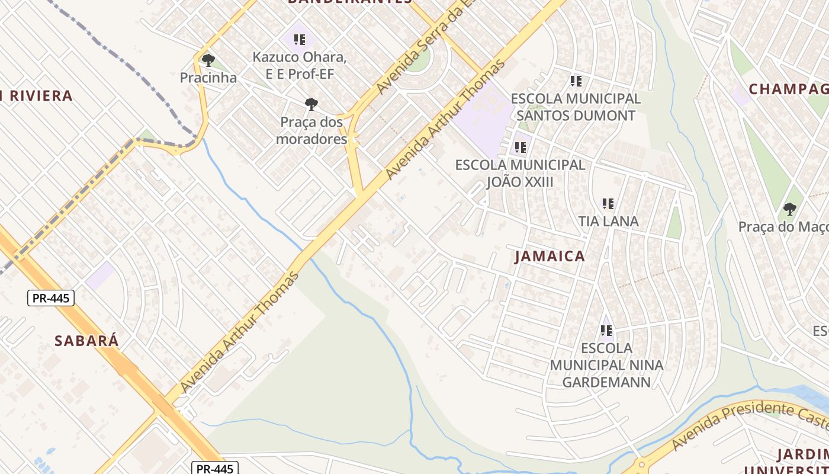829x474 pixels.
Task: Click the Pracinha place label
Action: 208,78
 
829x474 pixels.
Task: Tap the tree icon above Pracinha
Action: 208,60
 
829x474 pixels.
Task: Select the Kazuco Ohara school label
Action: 300,65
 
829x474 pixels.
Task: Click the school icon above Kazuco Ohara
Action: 300,40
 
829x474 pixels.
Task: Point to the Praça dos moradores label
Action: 311,130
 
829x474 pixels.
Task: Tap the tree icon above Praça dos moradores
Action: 311,104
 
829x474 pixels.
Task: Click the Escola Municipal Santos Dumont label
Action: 576,107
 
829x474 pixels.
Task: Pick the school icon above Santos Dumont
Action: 576,81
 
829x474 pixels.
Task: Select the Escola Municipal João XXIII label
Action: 520,173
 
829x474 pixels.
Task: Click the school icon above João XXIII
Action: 520,147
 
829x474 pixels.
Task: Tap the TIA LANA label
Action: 608,222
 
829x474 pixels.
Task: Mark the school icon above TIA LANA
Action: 608,204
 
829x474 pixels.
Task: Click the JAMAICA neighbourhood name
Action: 550,257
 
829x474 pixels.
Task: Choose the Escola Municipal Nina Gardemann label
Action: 606,364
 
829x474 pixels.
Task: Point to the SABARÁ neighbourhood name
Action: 86,341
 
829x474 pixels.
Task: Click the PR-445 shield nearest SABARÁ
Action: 51,298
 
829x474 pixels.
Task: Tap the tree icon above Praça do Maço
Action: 789,209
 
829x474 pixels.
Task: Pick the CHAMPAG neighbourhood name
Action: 788,89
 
